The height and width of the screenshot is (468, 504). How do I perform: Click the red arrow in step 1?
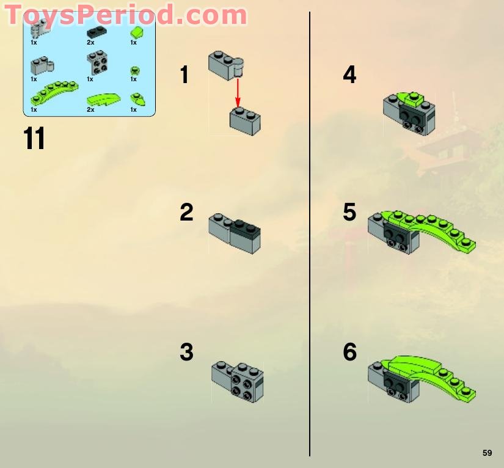coord(238,92)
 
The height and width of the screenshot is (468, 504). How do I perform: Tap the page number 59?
coord(487,453)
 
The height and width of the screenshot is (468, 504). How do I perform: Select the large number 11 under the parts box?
coord(34,139)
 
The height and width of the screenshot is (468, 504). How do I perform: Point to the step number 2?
coord(186,213)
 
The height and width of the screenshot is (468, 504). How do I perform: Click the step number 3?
coord(186,353)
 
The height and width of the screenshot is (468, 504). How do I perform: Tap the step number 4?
coord(349,75)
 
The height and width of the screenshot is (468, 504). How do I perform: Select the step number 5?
coord(349,213)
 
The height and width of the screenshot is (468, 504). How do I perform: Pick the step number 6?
coord(349,353)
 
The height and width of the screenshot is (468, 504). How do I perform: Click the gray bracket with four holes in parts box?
coord(95,62)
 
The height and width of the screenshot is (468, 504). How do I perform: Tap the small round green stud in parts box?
coord(134,71)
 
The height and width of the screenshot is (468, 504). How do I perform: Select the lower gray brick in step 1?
coord(245,120)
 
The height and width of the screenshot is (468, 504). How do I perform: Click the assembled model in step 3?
coord(238,382)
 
